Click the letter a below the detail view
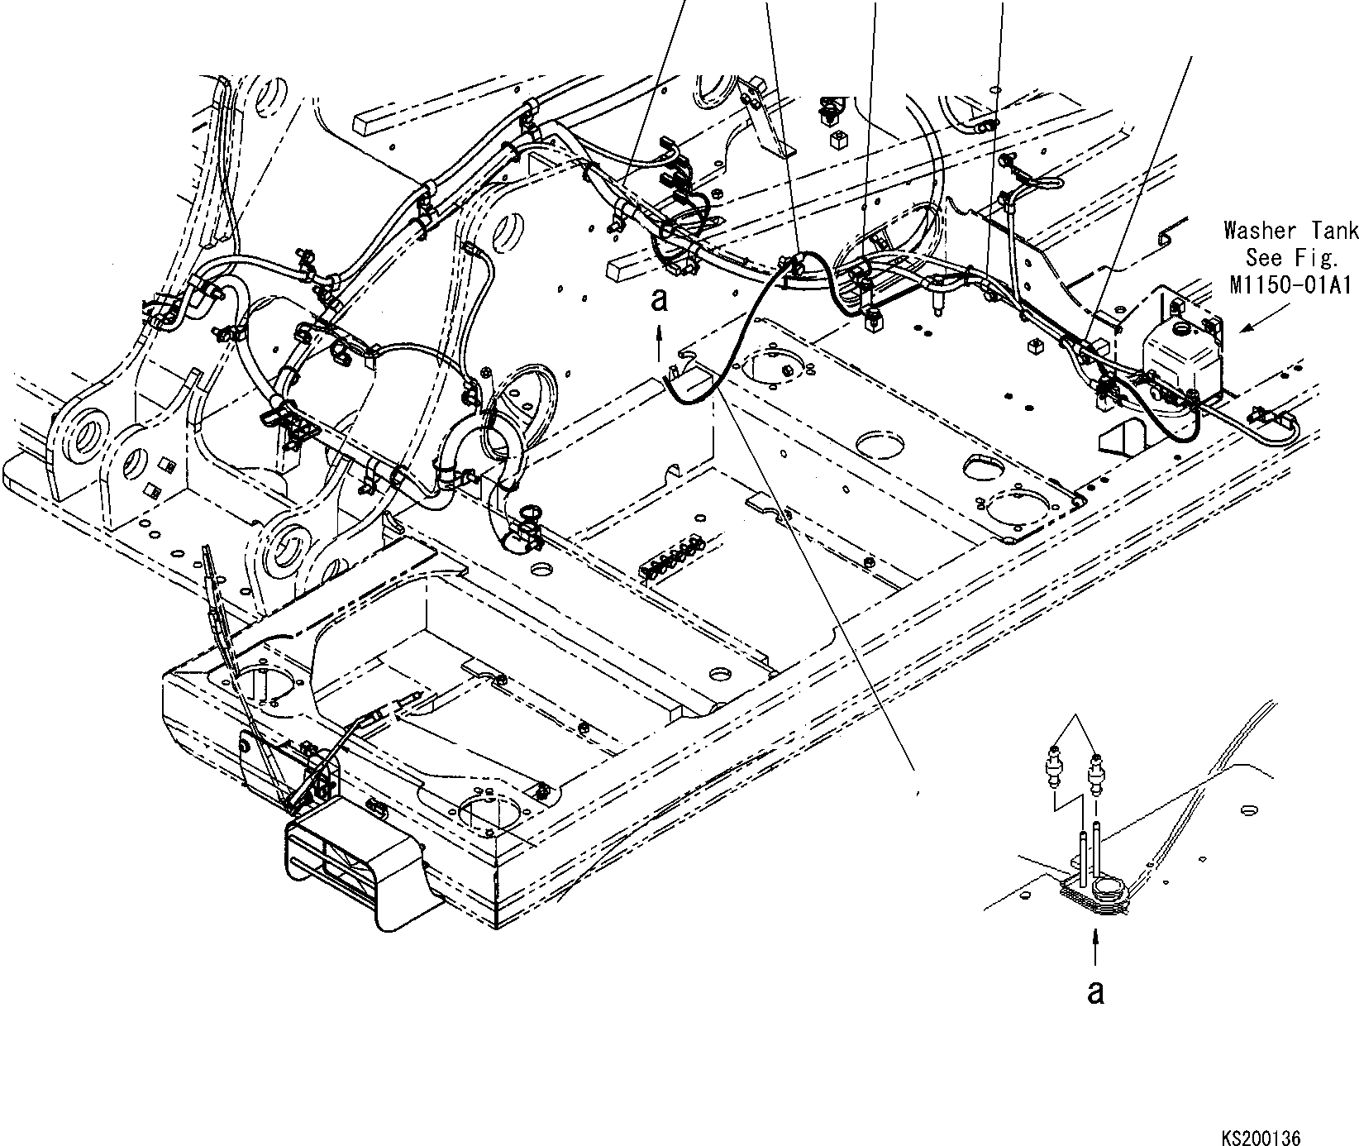(1095, 991)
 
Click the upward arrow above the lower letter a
(1095, 945)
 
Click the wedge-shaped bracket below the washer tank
(1123, 435)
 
